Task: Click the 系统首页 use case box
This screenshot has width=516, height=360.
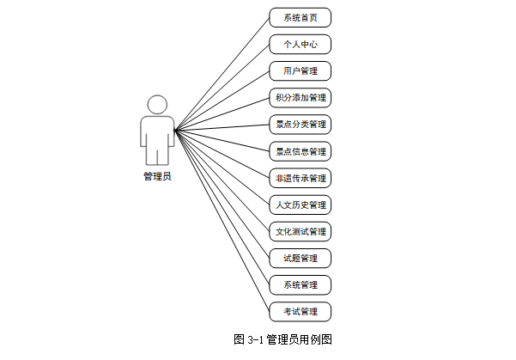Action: click(300, 17)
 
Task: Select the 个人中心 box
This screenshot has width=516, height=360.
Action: click(300, 44)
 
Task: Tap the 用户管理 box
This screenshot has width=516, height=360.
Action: click(300, 70)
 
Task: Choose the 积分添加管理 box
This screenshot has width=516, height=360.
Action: click(300, 97)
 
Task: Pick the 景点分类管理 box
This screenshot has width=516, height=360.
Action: click(300, 124)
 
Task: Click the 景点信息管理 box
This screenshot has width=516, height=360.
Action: click(300, 151)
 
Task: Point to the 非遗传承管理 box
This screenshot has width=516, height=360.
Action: click(300, 178)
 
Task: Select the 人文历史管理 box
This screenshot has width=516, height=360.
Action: click(300, 204)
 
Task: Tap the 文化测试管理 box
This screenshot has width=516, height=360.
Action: click(300, 231)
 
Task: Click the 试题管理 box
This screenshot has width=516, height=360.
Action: click(300, 258)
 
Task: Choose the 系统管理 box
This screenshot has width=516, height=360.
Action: click(300, 284)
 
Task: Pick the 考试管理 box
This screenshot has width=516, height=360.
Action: click(300, 311)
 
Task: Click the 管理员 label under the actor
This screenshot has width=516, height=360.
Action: click(157, 177)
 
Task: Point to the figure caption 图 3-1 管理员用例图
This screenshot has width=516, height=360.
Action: click(282, 339)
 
